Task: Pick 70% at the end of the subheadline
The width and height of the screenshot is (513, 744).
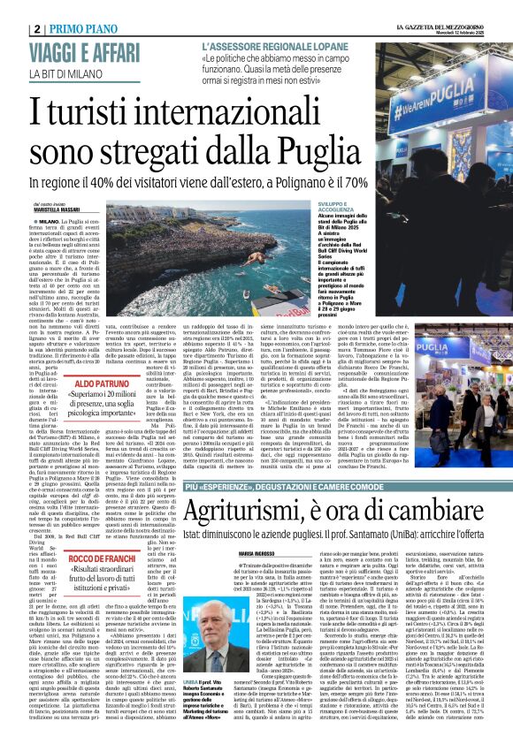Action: [392, 180]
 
